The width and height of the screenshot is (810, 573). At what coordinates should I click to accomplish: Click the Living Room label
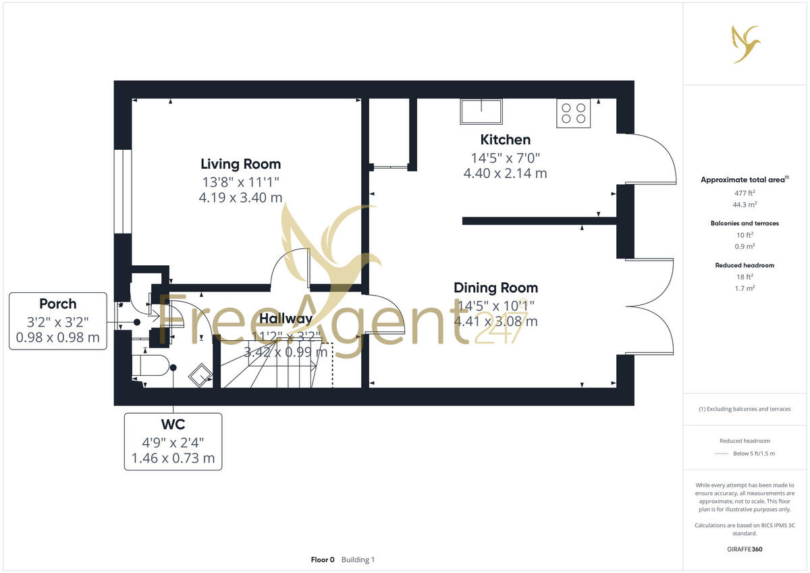pyautogui.click(x=240, y=164)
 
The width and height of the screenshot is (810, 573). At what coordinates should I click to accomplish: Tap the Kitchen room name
pyautogui.click(x=505, y=140)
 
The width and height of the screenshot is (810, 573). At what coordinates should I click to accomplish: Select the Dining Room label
pyautogui.click(x=495, y=288)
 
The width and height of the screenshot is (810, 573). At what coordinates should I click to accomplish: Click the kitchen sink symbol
pyautogui.click(x=481, y=111)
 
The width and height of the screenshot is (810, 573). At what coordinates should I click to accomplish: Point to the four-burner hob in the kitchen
pyautogui.click(x=574, y=113)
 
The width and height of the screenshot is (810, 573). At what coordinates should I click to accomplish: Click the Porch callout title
pyautogui.click(x=58, y=304)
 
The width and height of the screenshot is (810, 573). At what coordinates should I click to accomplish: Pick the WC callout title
pyautogui.click(x=173, y=425)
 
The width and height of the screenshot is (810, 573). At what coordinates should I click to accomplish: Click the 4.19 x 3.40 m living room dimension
pyautogui.click(x=240, y=197)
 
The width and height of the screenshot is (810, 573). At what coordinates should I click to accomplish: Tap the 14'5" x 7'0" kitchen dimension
pyautogui.click(x=505, y=158)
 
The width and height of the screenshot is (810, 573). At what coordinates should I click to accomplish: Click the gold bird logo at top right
pyautogui.click(x=747, y=44)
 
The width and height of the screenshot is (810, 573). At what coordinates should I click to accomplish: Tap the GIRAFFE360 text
pyautogui.click(x=745, y=549)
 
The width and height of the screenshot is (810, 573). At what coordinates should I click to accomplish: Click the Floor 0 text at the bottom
pyautogui.click(x=323, y=560)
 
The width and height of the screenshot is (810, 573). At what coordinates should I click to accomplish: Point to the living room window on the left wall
pyautogui.click(x=123, y=191)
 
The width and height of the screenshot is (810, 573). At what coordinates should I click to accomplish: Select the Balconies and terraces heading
pyautogui.click(x=745, y=223)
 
